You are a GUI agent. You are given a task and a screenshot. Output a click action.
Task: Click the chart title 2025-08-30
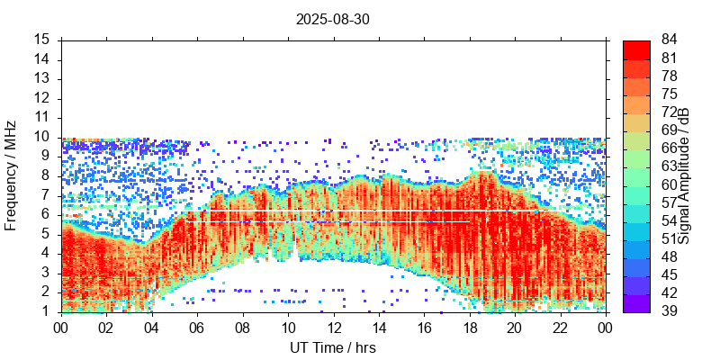point(333,18)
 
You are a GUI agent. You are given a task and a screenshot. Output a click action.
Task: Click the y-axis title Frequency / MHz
point(11,175)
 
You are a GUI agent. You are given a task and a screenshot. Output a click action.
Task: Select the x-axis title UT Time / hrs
point(333,347)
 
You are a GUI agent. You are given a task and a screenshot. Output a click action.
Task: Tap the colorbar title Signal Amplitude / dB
point(684,175)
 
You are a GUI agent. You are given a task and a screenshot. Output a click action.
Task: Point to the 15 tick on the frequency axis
point(42,40)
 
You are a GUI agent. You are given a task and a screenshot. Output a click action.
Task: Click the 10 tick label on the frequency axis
point(42,137)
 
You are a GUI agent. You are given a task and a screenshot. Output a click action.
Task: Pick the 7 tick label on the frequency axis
point(46,195)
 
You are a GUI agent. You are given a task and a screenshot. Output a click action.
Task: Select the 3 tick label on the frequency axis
point(46,273)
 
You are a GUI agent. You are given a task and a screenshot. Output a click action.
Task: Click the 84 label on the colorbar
point(669,40)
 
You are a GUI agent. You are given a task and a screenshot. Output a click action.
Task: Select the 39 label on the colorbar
point(669,311)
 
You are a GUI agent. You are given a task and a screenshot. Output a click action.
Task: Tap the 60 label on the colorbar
point(669,184)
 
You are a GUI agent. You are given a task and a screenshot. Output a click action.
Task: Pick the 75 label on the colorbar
point(669,94)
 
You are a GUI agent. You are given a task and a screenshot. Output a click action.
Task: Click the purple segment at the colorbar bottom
point(635,302)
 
